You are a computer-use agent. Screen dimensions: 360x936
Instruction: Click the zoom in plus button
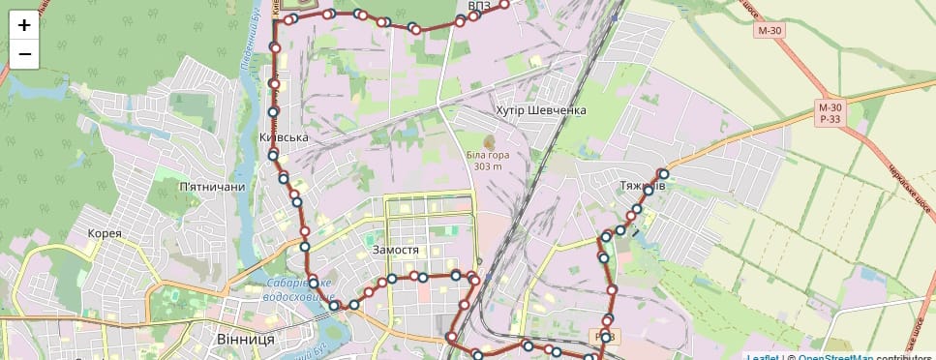[x=24, y=26]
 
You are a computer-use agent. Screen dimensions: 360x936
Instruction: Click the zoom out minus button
[x=24, y=54]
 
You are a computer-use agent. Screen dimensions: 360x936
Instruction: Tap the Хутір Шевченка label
[x=541, y=110]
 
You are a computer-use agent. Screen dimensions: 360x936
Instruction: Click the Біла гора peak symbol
[x=488, y=141]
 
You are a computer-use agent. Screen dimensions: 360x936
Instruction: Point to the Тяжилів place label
[x=642, y=183]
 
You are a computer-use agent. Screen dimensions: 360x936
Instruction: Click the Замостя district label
[x=395, y=250]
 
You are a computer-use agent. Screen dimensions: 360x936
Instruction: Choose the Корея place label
[x=105, y=233]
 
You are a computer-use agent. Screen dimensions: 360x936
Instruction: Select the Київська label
[x=285, y=137]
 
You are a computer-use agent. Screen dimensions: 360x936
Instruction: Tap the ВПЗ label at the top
[x=478, y=7]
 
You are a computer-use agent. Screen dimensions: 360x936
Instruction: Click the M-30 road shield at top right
[x=770, y=31]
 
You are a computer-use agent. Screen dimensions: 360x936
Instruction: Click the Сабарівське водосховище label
[x=299, y=290]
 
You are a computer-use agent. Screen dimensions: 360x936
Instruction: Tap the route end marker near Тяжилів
[x=664, y=174]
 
